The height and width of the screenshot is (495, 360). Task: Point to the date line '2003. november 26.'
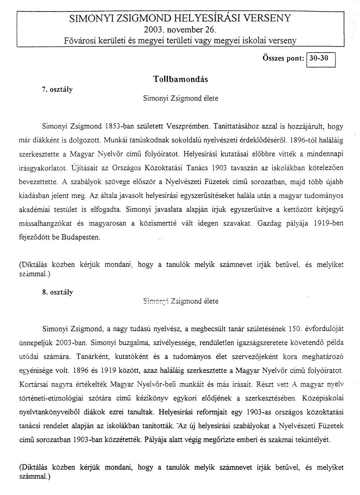[180, 29]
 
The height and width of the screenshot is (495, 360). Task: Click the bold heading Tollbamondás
[180, 79]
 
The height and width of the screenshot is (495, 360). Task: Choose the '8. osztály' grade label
[58, 292]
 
